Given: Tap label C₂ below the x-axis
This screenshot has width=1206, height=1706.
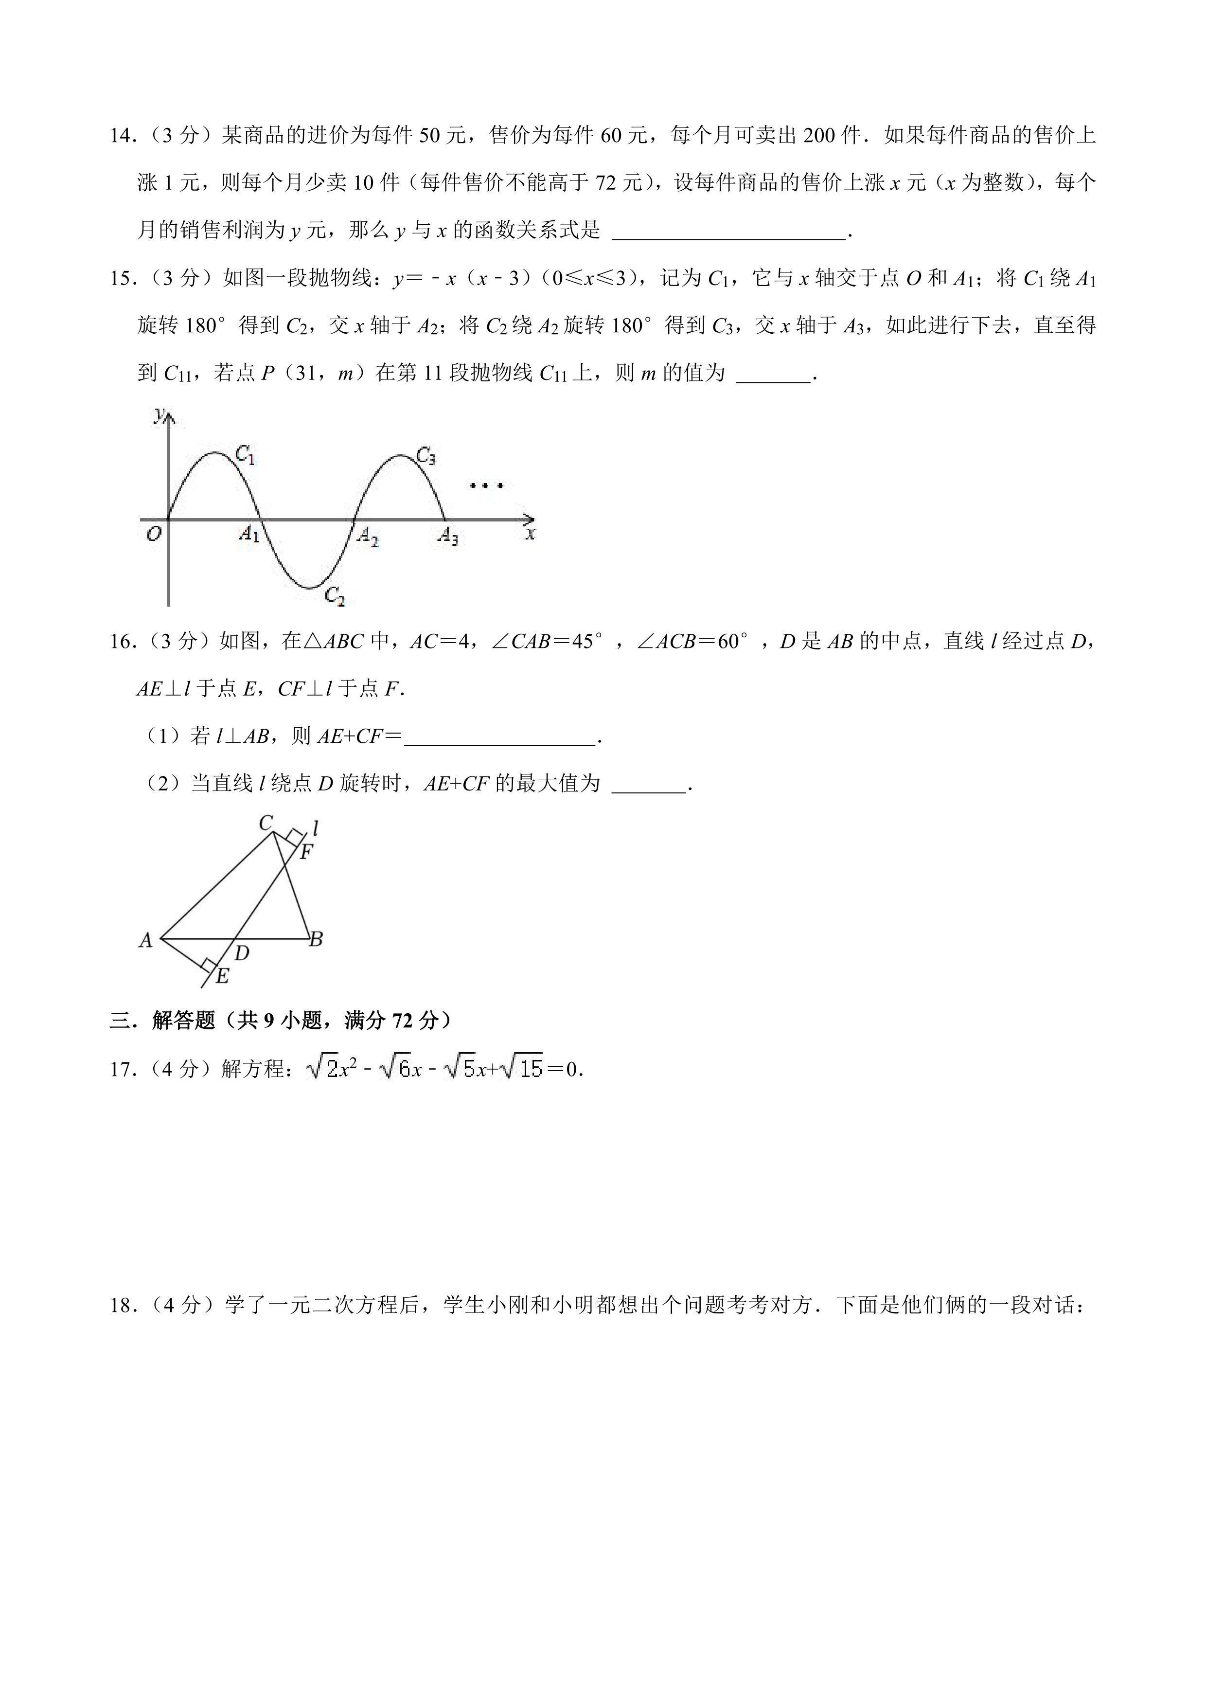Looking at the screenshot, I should click(335, 596).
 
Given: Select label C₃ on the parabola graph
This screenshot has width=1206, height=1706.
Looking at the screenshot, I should click(426, 455).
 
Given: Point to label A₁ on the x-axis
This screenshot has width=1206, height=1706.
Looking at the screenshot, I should click(249, 534).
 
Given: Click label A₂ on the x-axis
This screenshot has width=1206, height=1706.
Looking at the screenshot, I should click(367, 536).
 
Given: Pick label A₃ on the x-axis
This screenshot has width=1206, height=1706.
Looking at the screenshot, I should click(447, 536).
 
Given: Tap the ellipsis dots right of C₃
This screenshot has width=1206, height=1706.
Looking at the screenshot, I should click(486, 486).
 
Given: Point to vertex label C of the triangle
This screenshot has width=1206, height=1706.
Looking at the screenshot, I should click(265, 823).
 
